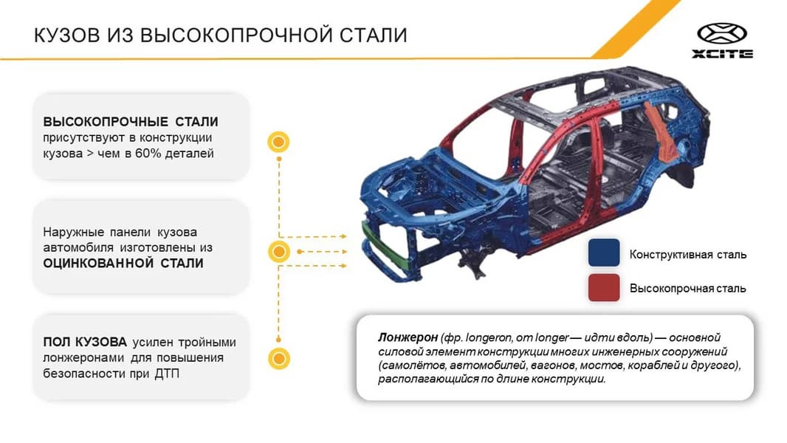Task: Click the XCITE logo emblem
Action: point(722,35)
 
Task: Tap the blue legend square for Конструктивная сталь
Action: point(604,253)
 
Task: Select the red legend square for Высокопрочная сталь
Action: point(604,287)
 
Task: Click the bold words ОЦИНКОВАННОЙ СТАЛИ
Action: point(123,263)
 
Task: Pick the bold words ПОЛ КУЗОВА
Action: point(85,342)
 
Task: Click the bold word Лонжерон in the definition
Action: point(408,337)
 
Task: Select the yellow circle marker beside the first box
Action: point(278,142)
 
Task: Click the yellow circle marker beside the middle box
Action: point(278,251)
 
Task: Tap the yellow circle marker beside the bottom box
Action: point(278,359)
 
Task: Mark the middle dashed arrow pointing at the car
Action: point(322,251)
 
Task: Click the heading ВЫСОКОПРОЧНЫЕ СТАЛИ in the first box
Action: point(131,122)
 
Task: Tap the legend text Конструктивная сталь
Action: point(688,255)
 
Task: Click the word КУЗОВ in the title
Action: point(66,35)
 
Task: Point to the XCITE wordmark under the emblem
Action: point(722,54)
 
